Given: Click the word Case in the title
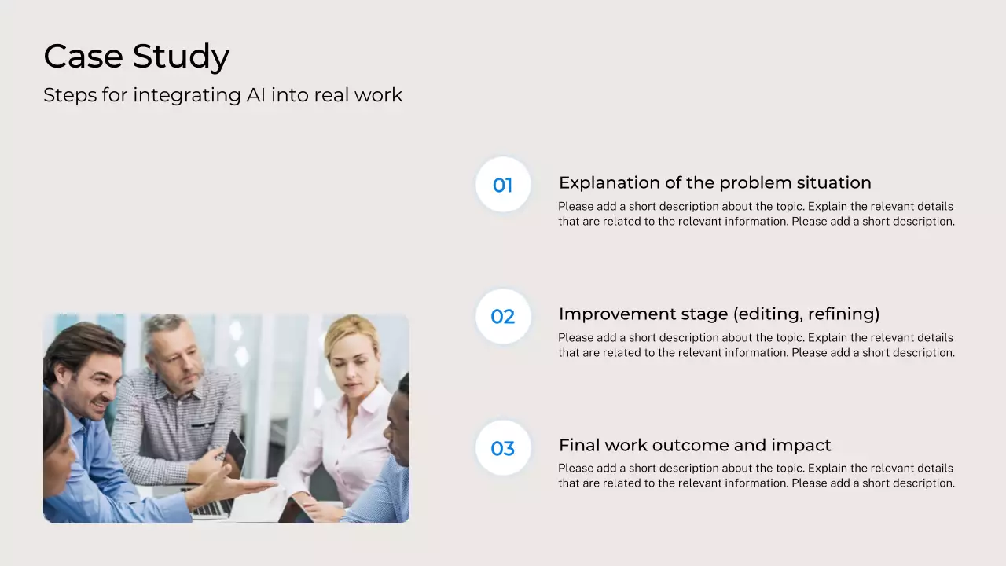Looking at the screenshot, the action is (x=83, y=56).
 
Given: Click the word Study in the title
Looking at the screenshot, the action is (x=181, y=57).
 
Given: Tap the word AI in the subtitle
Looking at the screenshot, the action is (x=255, y=95).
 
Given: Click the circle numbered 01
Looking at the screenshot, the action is (x=503, y=184).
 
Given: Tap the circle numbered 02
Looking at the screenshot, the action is (x=503, y=316).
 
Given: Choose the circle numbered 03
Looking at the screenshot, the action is (x=503, y=448).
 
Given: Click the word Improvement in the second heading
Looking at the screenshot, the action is (x=617, y=314).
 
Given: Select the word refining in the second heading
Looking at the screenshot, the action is (x=843, y=314).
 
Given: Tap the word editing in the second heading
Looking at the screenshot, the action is (x=768, y=314).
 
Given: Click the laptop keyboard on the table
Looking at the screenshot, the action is (x=211, y=508).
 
